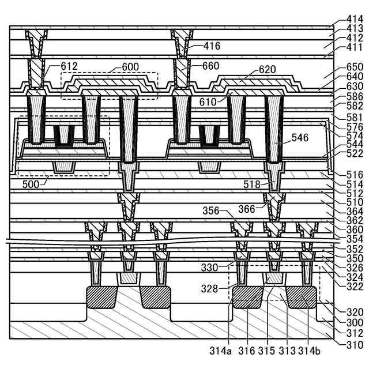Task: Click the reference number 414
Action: pyautogui.click(x=355, y=18)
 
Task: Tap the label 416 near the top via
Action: pyautogui.click(x=212, y=46)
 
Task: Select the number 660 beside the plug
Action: pyautogui.click(x=212, y=66)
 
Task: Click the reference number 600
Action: pyautogui.click(x=130, y=66)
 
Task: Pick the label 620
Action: pyautogui.click(x=267, y=70)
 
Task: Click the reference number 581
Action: pyautogui.click(x=355, y=117)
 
